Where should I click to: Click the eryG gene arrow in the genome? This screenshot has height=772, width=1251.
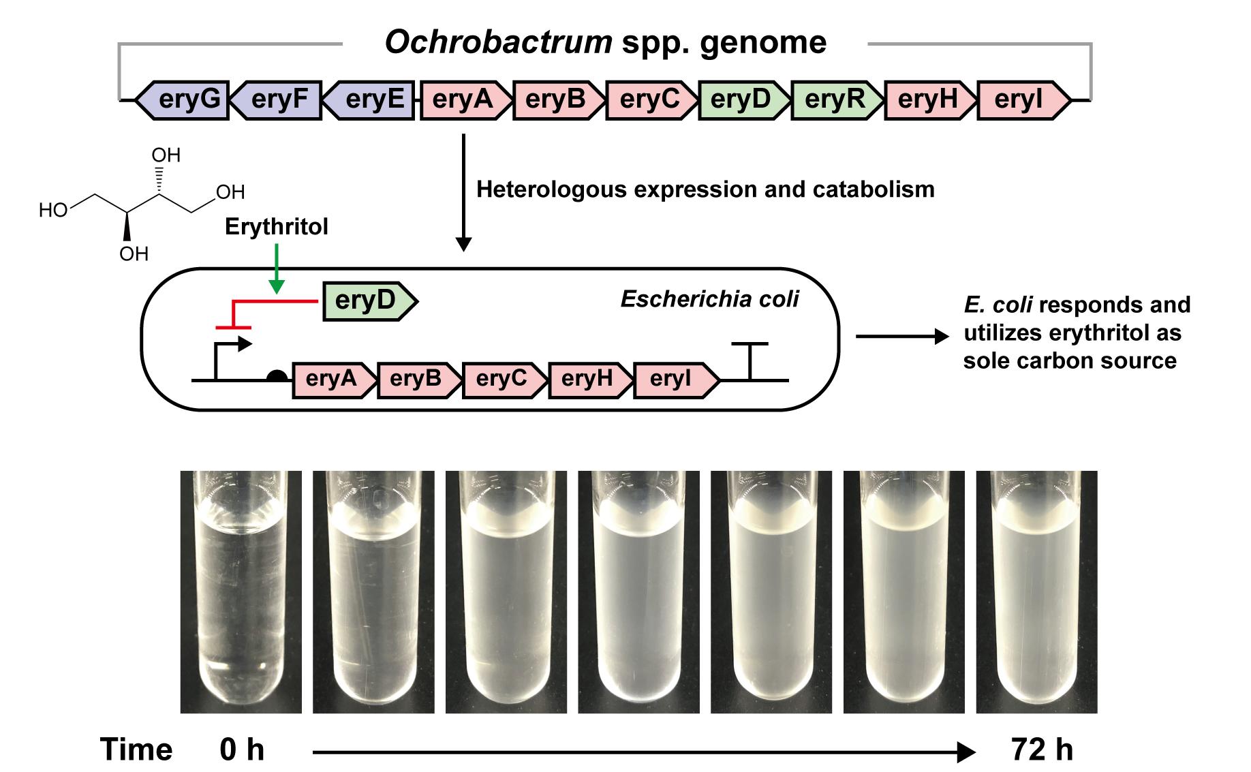183,100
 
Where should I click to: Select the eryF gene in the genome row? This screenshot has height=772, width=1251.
277,100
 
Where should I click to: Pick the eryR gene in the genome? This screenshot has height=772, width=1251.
835,100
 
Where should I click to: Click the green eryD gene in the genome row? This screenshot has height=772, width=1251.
742,100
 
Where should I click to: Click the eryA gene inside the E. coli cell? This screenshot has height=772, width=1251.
333,380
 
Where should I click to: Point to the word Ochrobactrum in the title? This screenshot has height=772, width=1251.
498,42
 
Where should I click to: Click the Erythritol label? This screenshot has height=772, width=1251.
276,227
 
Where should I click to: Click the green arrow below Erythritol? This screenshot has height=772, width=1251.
276,268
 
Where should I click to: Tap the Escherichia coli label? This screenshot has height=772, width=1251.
709,299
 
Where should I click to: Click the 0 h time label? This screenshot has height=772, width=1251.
242,750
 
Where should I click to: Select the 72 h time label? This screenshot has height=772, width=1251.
1042,750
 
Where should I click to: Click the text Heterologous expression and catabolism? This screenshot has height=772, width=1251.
705,189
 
